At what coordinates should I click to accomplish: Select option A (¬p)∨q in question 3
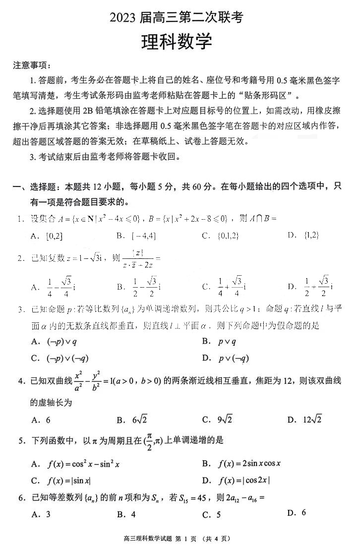point(55,341)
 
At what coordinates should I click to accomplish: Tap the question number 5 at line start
point(21,440)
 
